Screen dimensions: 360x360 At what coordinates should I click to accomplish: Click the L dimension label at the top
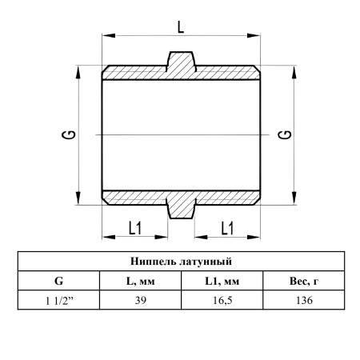(x=181, y=27)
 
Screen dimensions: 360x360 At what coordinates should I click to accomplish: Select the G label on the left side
(x=68, y=135)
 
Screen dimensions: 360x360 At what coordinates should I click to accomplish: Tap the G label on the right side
(x=285, y=135)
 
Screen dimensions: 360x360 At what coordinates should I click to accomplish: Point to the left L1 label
(x=135, y=228)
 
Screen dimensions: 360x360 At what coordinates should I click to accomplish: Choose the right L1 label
(x=227, y=228)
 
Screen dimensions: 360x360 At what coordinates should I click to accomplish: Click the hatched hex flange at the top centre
(x=181, y=62)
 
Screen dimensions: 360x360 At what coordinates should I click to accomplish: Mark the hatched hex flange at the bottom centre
(x=181, y=208)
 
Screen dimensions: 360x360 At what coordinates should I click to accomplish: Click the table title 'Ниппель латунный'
(x=181, y=262)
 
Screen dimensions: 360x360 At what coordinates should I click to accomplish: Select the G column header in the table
(x=58, y=281)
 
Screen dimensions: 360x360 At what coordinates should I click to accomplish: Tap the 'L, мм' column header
(x=140, y=281)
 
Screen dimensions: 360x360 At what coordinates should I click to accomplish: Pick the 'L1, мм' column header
(x=222, y=281)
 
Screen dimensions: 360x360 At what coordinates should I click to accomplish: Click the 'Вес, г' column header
(x=304, y=281)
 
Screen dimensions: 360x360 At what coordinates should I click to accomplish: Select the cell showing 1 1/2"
(x=59, y=301)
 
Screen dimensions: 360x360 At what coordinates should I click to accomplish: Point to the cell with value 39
(x=141, y=301)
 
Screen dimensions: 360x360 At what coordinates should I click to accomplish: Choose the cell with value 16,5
(x=222, y=301)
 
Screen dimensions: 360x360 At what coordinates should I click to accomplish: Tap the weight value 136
(x=304, y=301)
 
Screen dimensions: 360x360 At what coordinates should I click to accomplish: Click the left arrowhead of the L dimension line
(x=109, y=35)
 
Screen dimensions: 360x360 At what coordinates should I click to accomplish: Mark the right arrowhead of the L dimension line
(x=254, y=35)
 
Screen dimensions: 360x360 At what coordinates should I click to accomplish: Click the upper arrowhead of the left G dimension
(x=78, y=72)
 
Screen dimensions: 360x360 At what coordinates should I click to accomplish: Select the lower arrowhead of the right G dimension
(x=294, y=198)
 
